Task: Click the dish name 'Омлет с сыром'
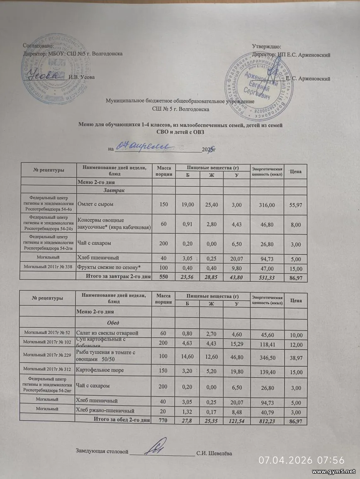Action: coord(95,204)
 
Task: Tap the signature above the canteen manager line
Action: coord(159,447)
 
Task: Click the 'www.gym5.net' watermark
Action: coord(333,472)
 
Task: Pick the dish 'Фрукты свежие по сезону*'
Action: coord(109,268)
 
